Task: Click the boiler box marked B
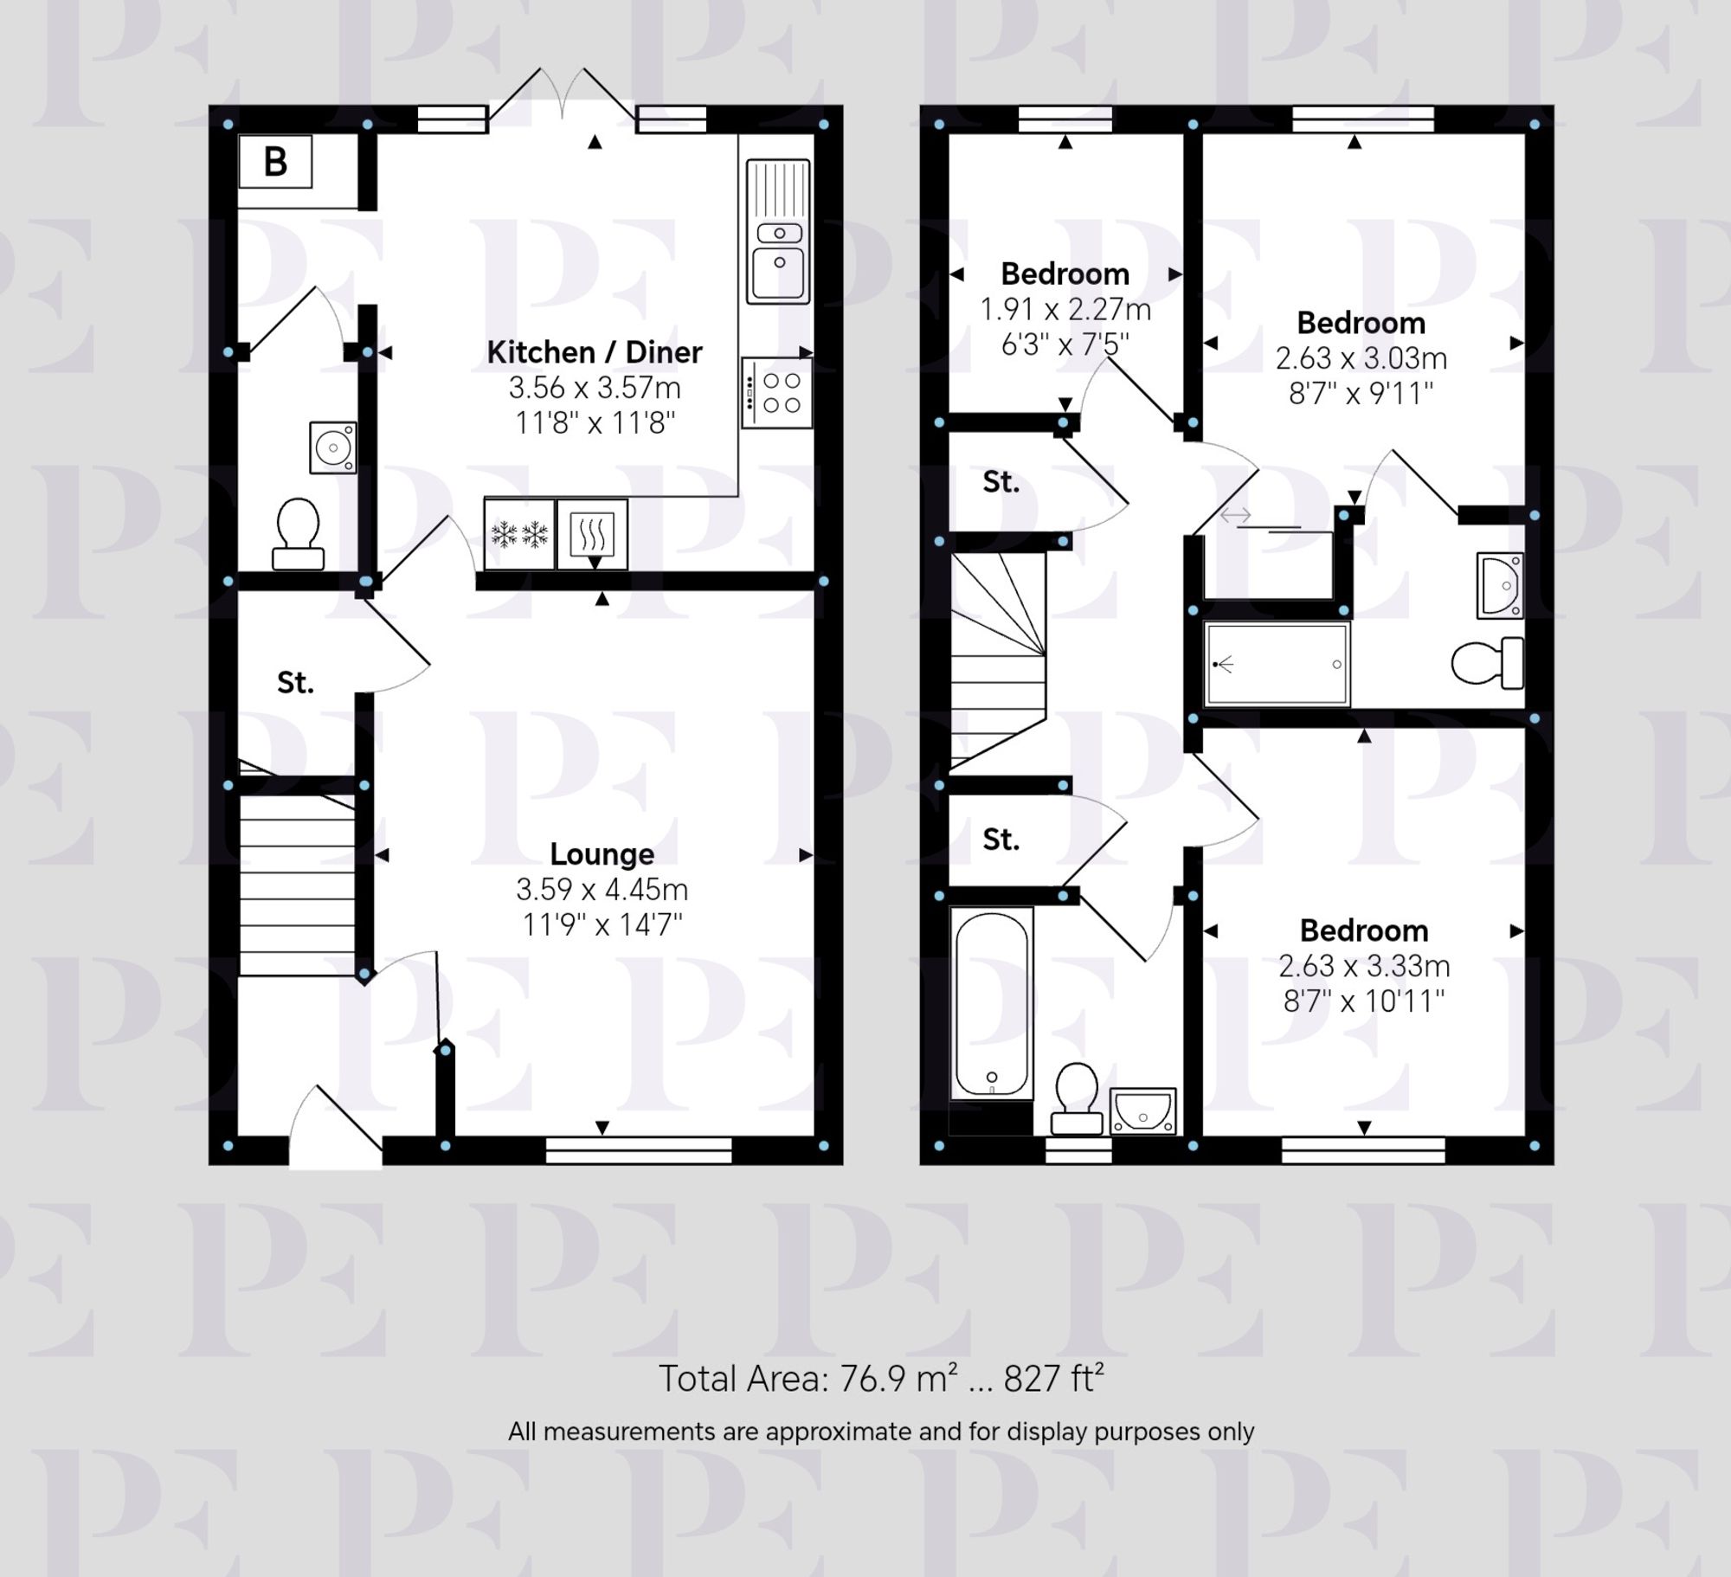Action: point(275,162)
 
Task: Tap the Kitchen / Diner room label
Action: point(594,352)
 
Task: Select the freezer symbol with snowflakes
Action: point(519,534)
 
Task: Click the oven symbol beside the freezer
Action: point(592,534)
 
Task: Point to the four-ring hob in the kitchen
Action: point(777,393)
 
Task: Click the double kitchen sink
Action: point(779,232)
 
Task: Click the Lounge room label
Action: point(602,854)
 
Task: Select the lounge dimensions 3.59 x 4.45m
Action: point(602,890)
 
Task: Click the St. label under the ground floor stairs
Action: point(295,683)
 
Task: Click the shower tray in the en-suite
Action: point(1277,665)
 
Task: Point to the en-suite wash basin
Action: point(1500,586)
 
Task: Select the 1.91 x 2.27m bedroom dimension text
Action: point(1065,310)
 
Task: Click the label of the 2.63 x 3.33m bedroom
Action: point(1364,930)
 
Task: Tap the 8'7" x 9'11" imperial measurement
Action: point(1361,395)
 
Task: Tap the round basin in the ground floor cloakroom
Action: point(332,447)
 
